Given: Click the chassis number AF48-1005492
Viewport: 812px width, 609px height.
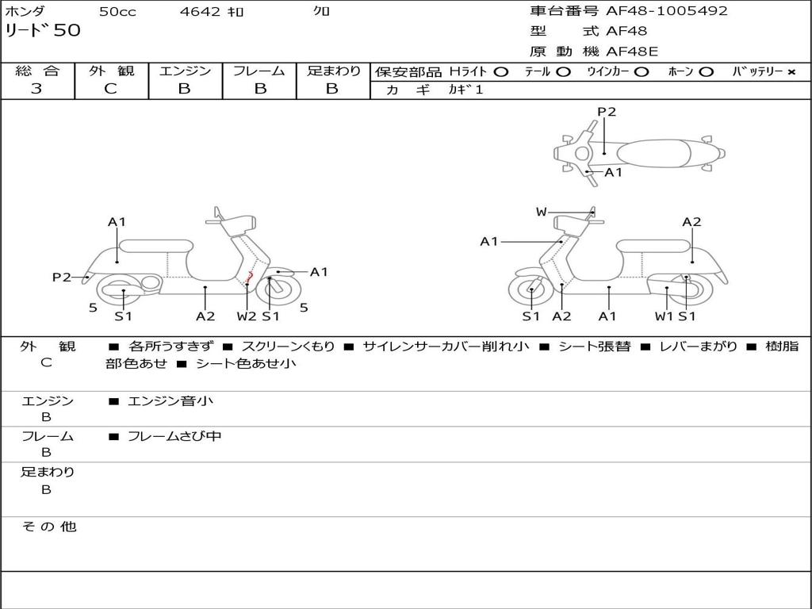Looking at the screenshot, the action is click(666, 10).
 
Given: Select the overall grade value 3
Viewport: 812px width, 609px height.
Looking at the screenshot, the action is click(36, 89).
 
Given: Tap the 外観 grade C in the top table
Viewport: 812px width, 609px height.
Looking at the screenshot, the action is click(110, 89).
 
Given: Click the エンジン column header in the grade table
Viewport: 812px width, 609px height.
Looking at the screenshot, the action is click(185, 71).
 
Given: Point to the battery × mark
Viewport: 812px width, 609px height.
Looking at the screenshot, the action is click(791, 72).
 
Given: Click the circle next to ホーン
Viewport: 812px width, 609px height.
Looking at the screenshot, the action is click(706, 72).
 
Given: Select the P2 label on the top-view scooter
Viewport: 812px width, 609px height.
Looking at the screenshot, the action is click(607, 111).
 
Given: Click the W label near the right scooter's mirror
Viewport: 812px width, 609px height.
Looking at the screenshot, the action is click(541, 212).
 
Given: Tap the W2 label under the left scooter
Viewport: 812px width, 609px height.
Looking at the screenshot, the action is click(247, 316).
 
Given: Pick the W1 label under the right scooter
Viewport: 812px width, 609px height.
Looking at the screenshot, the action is click(664, 316).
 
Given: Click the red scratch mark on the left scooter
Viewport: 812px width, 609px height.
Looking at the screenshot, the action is click(249, 277).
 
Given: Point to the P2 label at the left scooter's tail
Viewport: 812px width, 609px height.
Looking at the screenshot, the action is click(62, 277).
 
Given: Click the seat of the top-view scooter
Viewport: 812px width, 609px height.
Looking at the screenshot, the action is click(653, 154).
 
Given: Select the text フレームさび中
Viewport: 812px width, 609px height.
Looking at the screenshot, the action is click(174, 436).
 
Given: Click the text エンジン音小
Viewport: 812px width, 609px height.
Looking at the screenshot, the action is click(170, 400).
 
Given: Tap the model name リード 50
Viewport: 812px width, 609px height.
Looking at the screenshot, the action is click(43, 30).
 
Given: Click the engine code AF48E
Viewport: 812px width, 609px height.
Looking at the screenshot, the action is click(632, 52).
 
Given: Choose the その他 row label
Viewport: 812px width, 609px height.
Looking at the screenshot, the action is click(48, 527).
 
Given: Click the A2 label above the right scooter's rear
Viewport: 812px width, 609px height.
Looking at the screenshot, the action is click(691, 222).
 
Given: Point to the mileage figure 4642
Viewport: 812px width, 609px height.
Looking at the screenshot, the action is click(200, 11).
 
